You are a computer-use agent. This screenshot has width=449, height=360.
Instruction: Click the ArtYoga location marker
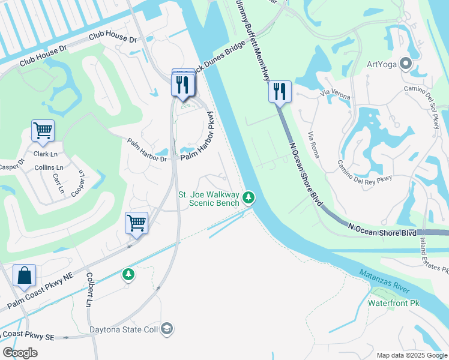405,63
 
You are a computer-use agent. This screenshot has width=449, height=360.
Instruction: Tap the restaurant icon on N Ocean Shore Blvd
280,92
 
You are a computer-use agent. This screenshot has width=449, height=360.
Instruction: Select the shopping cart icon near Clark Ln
43,131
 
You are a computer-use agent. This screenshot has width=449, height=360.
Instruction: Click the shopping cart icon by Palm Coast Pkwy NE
136,223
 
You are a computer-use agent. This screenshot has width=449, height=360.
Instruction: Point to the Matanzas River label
384,281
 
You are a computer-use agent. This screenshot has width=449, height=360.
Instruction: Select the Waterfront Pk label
393,303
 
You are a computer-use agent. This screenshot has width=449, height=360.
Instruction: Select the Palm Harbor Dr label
146,151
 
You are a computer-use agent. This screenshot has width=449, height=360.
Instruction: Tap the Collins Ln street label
49,167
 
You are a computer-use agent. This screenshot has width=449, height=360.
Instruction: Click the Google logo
20,353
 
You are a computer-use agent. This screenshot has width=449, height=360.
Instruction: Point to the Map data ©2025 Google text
411,355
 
